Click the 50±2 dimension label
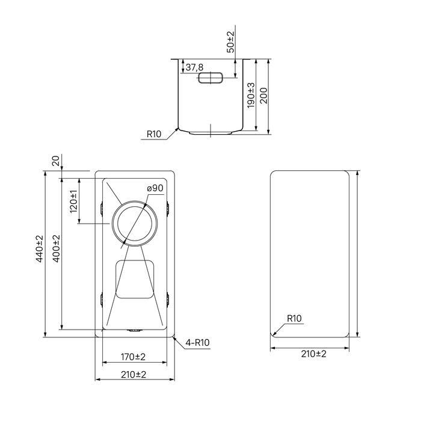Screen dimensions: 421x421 [230, 42]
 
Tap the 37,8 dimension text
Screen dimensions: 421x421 [194, 67]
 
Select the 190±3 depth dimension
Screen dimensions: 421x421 [251, 95]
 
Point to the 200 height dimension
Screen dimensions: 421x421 [264, 96]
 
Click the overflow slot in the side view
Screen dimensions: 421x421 [210, 78]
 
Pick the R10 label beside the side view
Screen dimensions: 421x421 [154, 134]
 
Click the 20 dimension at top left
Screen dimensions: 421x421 [55, 161]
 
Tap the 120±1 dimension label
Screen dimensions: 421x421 [73, 201]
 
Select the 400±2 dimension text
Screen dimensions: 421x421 [57, 248]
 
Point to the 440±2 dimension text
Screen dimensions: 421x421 [40, 248]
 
